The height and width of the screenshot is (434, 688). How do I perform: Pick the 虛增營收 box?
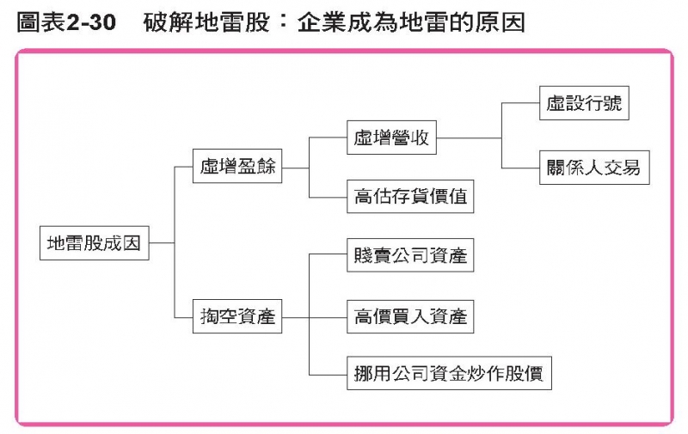[391, 138]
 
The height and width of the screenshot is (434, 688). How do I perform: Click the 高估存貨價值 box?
[410, 196]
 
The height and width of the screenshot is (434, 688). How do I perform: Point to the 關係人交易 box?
[593, 168]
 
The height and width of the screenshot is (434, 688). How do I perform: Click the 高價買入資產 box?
[410, 317]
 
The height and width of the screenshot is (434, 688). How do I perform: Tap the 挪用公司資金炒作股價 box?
[447, 375]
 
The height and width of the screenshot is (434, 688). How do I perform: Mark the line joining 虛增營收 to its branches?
[469, 138]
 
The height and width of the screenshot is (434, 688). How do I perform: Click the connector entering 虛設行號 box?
[520, 105]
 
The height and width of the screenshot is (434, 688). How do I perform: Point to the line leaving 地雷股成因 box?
[161, 243]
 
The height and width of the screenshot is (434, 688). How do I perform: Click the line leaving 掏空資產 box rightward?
[295, 317]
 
